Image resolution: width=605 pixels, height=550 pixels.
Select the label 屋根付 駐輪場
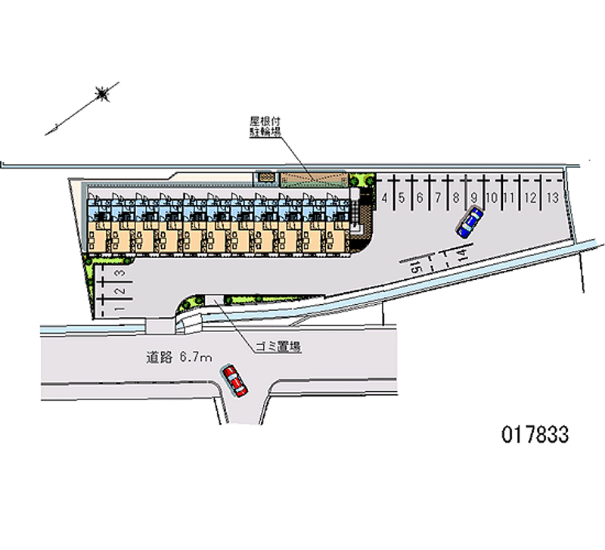tap(266, 126)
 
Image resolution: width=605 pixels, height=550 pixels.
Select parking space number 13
tap(553, 197)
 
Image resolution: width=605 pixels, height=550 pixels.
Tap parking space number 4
tap(385, 197)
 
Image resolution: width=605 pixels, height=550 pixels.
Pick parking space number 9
tap(473, 197)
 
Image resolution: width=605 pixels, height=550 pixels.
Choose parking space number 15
tap(417, 267)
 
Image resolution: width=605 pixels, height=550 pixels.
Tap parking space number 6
tap(420, 197)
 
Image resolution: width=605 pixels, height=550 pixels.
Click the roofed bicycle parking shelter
tap(312, 179)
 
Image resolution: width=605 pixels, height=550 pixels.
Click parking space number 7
tap(438, 197)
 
